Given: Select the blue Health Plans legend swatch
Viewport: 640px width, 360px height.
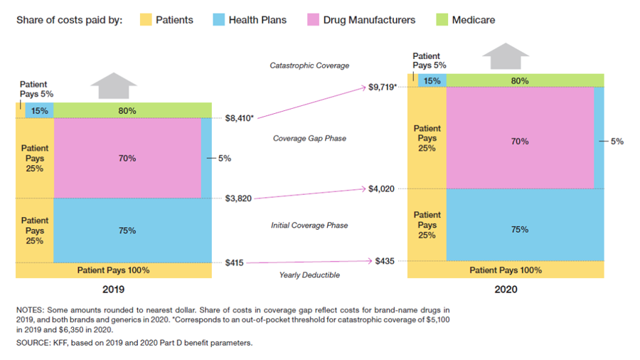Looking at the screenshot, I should [219, 19].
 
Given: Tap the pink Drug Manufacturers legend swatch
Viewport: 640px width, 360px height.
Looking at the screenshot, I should [313, 19].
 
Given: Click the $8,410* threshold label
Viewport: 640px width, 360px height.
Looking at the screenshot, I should [240, 118].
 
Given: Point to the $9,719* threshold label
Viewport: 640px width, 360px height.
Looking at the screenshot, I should [383, 87].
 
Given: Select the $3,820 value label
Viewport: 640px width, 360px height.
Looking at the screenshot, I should [238, 198].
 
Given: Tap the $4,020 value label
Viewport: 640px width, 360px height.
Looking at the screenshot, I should [381, 189].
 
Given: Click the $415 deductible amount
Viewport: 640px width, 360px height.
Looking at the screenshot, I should [235, 263].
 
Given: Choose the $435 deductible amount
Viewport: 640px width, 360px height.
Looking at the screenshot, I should [385, 261].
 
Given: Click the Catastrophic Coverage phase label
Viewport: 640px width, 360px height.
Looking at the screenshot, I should [309, 65].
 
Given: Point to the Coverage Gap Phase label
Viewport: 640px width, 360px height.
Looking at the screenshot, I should [309, 138].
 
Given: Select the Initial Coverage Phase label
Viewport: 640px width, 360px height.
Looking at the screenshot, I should [309, 226].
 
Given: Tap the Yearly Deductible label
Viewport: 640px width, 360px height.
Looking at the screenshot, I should [309, 275].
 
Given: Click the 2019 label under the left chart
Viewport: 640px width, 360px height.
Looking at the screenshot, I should [114, 290].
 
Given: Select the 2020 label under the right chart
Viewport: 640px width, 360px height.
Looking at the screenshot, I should [506, 290].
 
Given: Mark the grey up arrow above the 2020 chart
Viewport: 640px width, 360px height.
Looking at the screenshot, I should [506, 55].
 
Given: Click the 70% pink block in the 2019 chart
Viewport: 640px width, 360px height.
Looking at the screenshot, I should [127, 158].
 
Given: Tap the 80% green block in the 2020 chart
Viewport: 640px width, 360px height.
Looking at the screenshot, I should [520, 80].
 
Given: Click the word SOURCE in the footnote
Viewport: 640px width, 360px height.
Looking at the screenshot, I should [33, 343].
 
